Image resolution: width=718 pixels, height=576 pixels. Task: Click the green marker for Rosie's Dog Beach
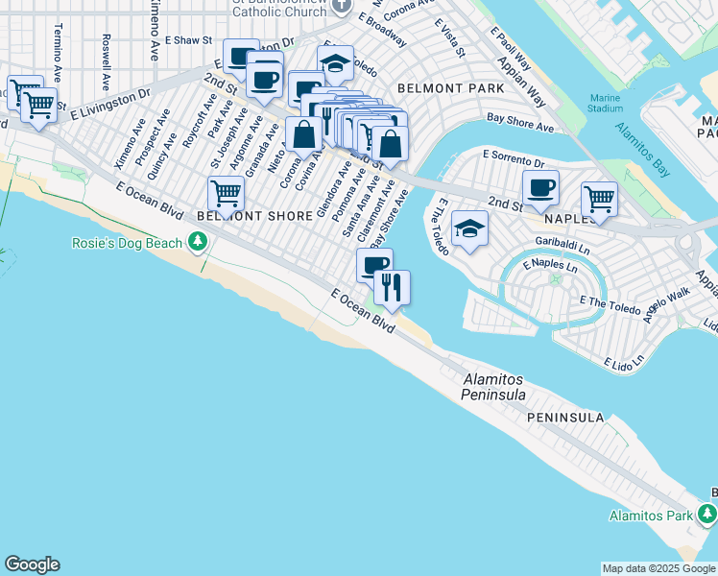(x=199, y=242)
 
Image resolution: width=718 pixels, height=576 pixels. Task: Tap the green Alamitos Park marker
(x=708, y=516)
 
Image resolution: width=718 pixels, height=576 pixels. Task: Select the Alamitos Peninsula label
(x=493, y=387)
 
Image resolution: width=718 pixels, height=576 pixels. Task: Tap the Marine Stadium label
(x=606, y=103)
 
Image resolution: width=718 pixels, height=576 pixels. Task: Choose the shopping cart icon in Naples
(x=599, y=199)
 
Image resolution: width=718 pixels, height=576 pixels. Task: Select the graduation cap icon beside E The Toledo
(x=469, y=228)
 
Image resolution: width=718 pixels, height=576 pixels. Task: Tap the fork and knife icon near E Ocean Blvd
(x=392, y=286)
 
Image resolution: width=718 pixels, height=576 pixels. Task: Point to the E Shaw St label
(x=187, y=41)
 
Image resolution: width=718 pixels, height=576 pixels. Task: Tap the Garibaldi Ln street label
(x=563, y=246)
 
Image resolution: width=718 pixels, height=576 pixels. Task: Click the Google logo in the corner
(x=32, y=564)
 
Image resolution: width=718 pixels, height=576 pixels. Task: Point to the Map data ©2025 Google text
(x=658, y=569)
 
